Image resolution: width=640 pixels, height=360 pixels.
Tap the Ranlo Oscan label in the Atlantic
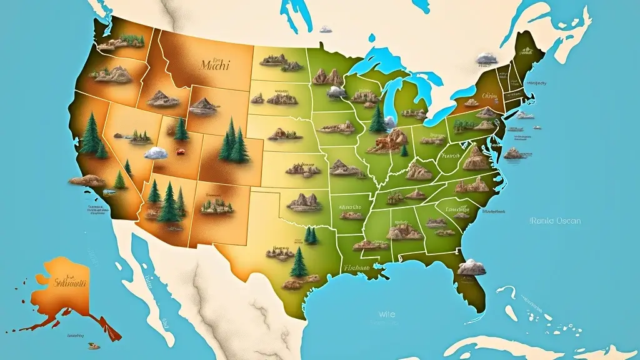(554, 221)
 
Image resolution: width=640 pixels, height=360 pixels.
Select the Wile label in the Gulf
(387, 314)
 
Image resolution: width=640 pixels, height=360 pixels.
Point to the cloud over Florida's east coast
(472, 267)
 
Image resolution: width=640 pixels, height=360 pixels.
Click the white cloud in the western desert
(156, 152)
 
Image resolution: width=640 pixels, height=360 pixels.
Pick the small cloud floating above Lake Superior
(326, 29)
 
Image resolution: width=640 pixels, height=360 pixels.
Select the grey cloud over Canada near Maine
(486, 59)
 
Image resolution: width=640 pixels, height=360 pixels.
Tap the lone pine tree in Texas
(299, 262)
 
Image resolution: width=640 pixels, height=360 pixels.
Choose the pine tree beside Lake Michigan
(377, 119)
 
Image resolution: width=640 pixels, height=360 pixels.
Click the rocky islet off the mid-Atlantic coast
(514, 153)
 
